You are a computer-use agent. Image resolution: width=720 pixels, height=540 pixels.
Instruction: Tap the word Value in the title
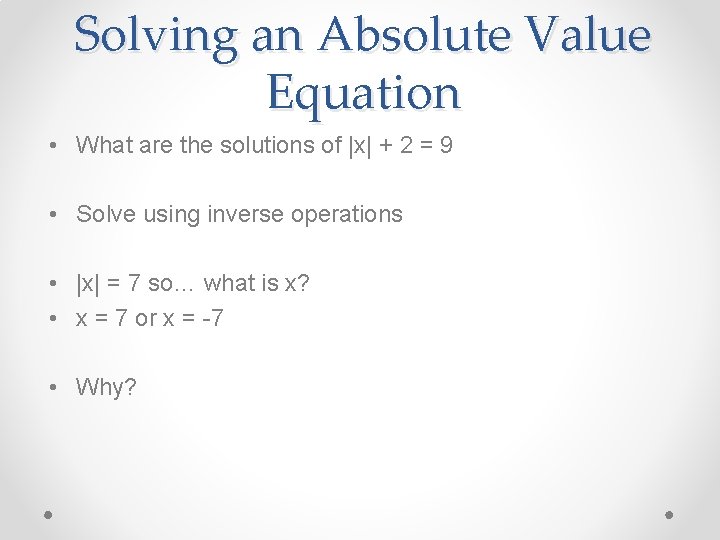[x=590, y=37]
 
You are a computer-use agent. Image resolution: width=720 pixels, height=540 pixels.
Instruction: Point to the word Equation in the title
[x=363, y=93]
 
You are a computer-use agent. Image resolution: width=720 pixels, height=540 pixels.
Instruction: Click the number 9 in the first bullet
[x=446, y=145]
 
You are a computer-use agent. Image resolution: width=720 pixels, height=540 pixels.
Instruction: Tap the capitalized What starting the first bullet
[x=103, y=145]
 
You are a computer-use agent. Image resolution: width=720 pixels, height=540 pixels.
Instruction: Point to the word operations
[x=346, y=214]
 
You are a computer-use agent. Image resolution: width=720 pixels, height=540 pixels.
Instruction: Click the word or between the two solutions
[x=146, y=319]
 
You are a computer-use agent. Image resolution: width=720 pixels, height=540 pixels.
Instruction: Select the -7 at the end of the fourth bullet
[x=212, y=319]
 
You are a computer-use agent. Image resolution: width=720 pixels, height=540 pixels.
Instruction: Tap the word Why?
[x=106, y=387]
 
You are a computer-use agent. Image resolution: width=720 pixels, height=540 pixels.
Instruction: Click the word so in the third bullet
[x=160, y=284]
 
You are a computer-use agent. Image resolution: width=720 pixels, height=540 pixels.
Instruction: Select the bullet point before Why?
[x=51, y=388]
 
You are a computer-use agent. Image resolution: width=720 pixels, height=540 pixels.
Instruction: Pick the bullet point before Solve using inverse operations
[x=51, y=215]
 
